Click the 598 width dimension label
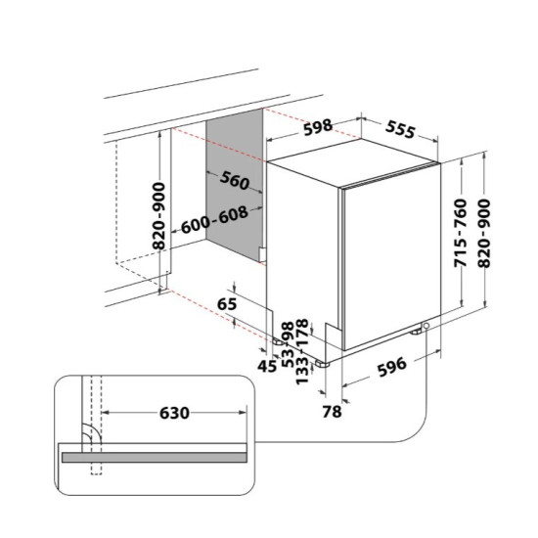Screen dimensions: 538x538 click(x=318, y=127)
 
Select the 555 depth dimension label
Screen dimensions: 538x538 click(x=400, y=129)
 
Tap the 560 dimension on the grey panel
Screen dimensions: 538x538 click(x=235, y=180)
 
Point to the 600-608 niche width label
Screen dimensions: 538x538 click(x=214, y=219)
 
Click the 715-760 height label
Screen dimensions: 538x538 click(x=461, y=233)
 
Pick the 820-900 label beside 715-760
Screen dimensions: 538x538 click(x=484, y=234)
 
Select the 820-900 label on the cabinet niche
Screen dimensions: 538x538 click(x=158, y=216)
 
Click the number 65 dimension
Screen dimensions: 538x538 click(x=228, y=304)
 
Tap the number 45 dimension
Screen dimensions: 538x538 click(x=267, y=367)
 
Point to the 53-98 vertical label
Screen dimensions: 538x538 click(x=288, y=344)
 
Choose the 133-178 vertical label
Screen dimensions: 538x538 click(x=302, y=352)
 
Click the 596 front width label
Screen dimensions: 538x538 click(x=392, y=366)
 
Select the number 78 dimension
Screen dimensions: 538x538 click(x=333, y=412)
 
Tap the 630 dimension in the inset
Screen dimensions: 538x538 click(x=174, y=413)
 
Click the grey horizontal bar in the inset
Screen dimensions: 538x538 click(x=155, y=458)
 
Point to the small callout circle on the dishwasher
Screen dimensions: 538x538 click(x=426, y=326)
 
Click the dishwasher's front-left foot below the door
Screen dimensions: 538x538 click(x=323, y=364)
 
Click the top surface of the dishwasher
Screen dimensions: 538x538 click(x=353, y=162)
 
